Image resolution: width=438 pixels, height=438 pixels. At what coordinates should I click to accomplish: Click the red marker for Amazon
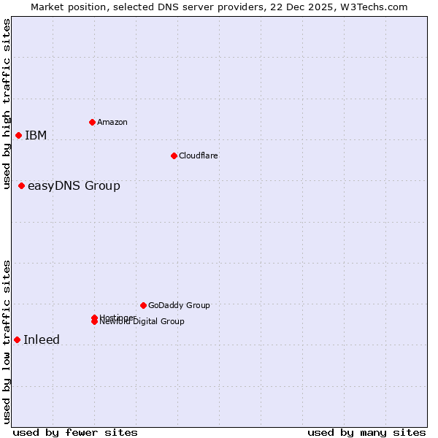click(x=92, y=122)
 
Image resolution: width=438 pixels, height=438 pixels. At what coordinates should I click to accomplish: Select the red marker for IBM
click(x=18, y=135)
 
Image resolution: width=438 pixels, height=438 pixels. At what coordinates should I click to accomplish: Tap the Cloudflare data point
click(x=174, y=155)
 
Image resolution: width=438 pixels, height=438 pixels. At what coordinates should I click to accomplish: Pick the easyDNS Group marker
click(x=21, y=185)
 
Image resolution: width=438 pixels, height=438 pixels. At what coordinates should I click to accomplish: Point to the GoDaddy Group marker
click(x=143, y=305)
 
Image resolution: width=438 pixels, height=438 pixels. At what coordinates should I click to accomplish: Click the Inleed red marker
click(x=17, y=339)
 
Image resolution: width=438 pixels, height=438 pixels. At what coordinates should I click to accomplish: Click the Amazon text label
click(x=112, y=122)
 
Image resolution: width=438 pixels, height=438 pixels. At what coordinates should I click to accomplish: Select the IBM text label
click(x=36, y=135)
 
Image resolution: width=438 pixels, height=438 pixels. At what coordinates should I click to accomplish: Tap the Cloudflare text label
click(x=198, y=155)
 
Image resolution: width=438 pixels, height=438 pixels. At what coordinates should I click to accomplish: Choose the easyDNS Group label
click(x=74, y=185)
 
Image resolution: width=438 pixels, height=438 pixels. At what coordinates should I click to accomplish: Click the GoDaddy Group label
click(x=179, y=305)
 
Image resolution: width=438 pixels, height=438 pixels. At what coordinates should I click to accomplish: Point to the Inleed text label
click(x=42, y=339)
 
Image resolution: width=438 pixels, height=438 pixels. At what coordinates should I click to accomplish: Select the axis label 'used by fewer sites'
click(x=75, y=432)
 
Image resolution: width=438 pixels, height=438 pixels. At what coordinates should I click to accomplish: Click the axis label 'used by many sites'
click(x=366, y=432)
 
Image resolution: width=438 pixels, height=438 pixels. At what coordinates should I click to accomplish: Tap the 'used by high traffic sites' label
click(x=7, y=104)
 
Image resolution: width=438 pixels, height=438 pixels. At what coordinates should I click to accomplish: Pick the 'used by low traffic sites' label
click(x=7, y=342)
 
